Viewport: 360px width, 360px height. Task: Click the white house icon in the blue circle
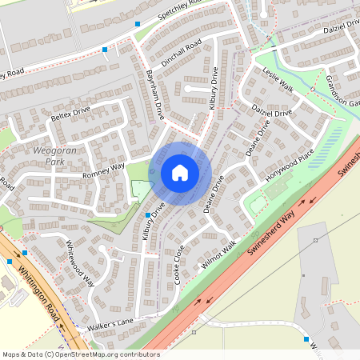point(180,173)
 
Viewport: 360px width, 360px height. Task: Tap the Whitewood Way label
point(80,263)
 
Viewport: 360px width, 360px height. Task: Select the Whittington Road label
point(39,294)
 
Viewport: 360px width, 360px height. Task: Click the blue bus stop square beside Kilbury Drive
point(147,215)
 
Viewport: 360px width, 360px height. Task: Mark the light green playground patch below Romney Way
point(141,191)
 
